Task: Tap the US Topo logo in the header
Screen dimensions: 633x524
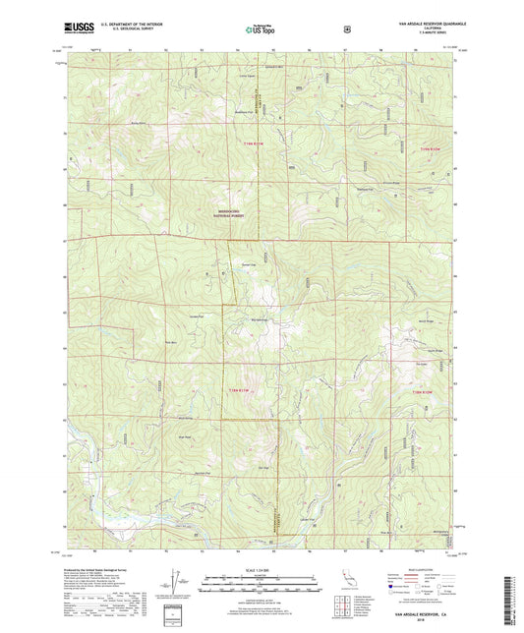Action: click(260, 30)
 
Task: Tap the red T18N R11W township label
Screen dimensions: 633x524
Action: click(254, 392)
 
